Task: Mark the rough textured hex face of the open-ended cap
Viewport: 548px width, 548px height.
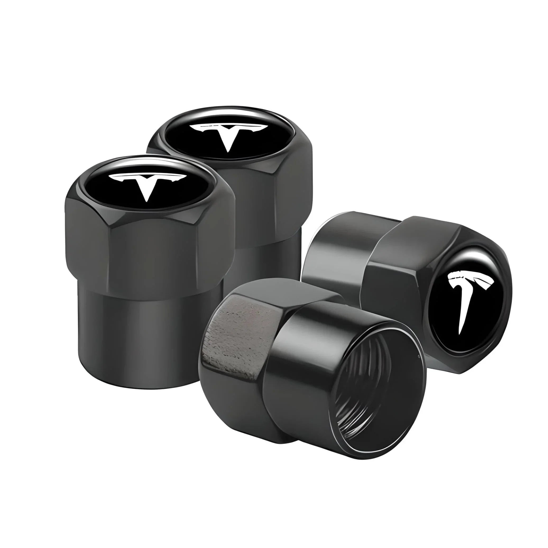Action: tap(238, 335)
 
